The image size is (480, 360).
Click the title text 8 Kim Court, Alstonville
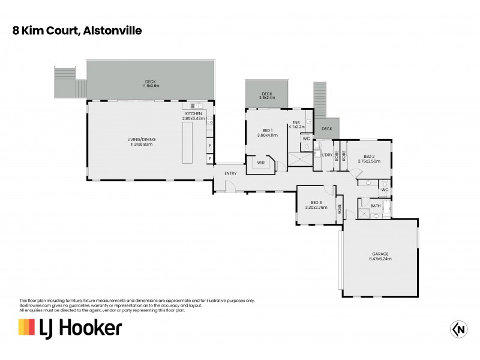click(77, 29)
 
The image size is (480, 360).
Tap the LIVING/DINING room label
click(142, 142)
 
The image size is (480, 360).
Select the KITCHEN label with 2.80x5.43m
click(194, 116)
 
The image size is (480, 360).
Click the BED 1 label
click(268, 133)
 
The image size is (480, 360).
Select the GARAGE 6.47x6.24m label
click(380, 256)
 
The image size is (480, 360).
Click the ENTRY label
click(230, 173)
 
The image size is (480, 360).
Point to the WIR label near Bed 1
click(261, 162)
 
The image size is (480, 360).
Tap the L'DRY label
click(327, 155)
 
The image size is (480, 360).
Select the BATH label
click(375, 206)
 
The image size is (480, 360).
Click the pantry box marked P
click(210, 146)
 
